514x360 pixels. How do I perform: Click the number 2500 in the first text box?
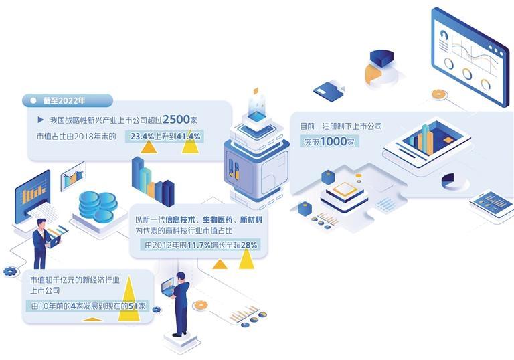click(x=177, y=119)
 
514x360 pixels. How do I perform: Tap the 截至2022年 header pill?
click(x=68, y=100)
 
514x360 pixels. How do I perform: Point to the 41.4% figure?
click(x=188, y=136)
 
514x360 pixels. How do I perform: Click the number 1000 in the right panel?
click(x=333, y=142)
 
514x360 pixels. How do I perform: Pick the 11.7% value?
click(x=199, y=245)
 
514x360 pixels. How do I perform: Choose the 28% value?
click(x=249, y=245)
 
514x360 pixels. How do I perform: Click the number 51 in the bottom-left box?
click(x=133, y=306)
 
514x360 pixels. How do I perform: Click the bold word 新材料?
click(x=251, y=219)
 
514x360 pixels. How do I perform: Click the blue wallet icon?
click(x=329, y=91)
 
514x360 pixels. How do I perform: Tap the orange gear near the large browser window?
click(x=439, y=94)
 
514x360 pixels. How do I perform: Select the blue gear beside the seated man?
click(x=10, y=271)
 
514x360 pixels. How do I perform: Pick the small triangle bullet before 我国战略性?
click(x=41, y=120)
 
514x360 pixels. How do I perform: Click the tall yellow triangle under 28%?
click(x=246, y=259)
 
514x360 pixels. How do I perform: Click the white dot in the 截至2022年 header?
click(x=33, y=100)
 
